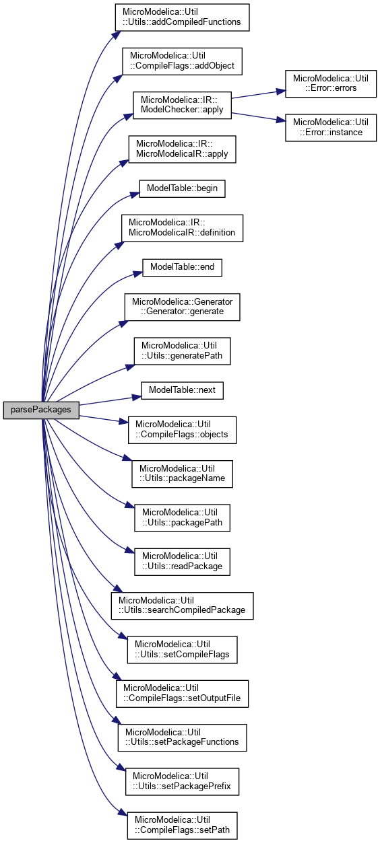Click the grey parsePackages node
(x=41, y=410)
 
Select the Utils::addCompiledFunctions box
(x=182, y=17)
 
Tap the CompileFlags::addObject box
(x=182, y=61)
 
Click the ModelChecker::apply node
(x=182, y=105)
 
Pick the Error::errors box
(x=331, y=83)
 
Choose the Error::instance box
(x=331, y=128)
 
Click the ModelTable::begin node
(x=182, y=188)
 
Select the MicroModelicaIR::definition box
(x=182, y=228)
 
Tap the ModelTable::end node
(x=182, y=267)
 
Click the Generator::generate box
(x=182, y=307)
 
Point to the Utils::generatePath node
(x=182, y=351)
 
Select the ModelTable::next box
(x=182, y=390)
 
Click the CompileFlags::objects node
(x=182, y=430)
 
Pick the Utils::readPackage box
(x=182, y=562)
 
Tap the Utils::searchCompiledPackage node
(x=182, y=606)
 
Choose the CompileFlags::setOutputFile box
(x=182, y=694)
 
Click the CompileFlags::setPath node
(x=182, y=826)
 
